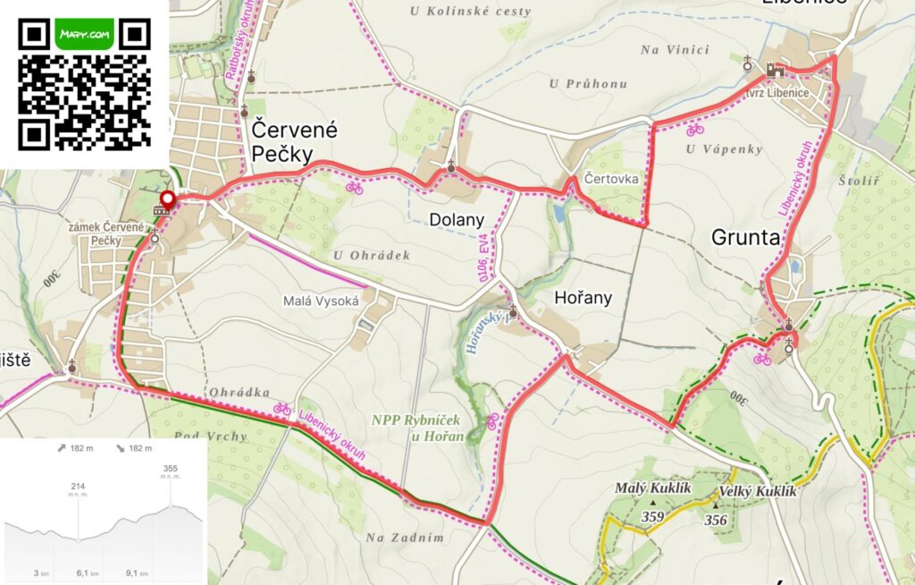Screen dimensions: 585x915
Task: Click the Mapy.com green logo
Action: [x=84, y=34]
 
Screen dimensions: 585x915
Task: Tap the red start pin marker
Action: [x=166, y=199]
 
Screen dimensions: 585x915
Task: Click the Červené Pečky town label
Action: [x=281, y=141]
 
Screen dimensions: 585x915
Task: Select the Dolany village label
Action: [x=456, y=219]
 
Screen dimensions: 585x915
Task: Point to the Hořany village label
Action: [x=583, y=298]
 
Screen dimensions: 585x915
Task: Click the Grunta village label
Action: [x=746, y=237]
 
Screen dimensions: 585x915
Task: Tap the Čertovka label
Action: [x=612, y=178]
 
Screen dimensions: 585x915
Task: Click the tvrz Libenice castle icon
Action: [x=774, y=69]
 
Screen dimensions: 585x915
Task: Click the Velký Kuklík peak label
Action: [x=757, y=491]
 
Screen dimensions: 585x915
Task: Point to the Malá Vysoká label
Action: [x=321, y=301]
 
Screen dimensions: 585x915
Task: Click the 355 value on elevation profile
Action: [x=171, y=468]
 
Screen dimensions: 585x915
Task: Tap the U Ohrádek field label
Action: [x=371, y=255]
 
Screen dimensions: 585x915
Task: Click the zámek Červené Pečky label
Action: [x=106, y=234]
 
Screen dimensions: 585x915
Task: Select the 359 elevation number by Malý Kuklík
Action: [x=652, y=516]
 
